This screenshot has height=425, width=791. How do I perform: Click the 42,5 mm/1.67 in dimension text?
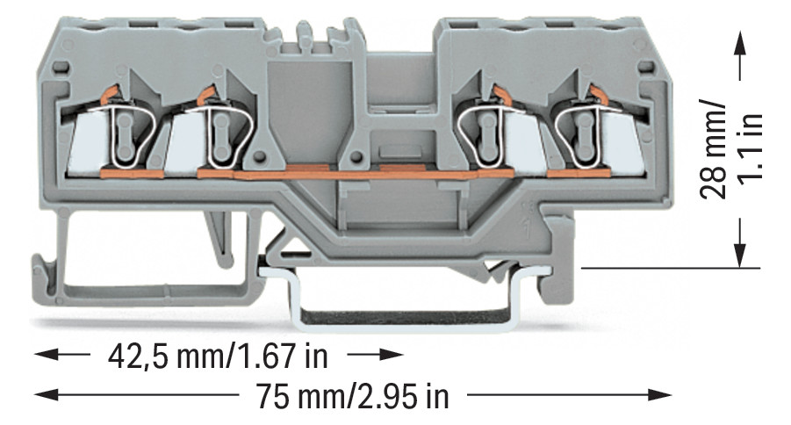click(x=219, y=357)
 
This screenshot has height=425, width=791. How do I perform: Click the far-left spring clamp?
click(x=126, y=132)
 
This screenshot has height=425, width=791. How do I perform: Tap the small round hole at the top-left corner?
click(x=60, y=68)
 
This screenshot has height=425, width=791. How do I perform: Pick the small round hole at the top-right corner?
click(x=648, y=68)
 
